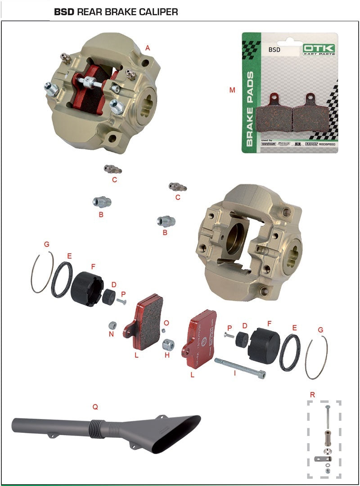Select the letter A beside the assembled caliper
[148, 48]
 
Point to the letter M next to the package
[232, 90]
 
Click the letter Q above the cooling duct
[95, 406]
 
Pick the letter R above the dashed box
[312, 395]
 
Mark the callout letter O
[166, 323]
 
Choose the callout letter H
[167, 355]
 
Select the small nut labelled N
[113, 325]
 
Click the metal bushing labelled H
[168, 345]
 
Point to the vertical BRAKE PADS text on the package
[250, 108]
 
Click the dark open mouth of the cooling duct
[180, 434]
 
